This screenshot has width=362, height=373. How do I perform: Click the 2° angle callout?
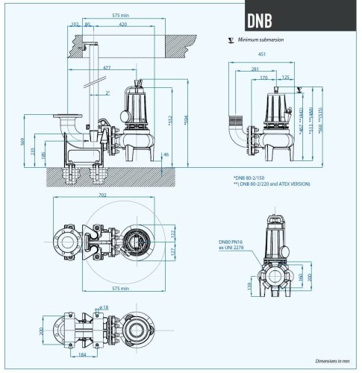(108, 93)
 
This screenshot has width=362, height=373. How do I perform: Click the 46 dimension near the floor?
(166, 154)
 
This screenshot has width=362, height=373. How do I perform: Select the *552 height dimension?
(171, 119)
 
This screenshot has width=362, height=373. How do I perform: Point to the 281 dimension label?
(256, 68)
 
